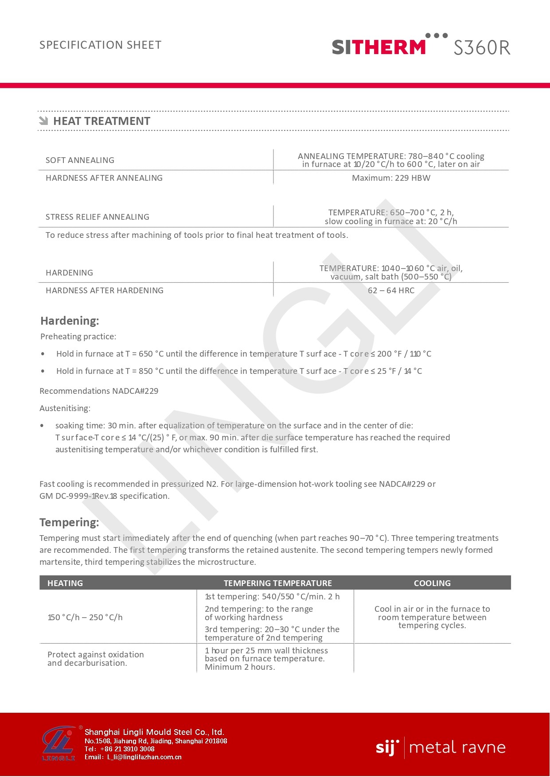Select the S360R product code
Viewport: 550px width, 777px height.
[482, 47]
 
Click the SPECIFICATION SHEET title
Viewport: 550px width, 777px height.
[101, 45]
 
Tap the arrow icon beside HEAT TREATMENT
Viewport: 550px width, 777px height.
[43, 120]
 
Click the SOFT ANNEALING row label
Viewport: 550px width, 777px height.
[80, 160]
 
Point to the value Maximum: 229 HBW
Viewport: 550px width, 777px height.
[391, 178]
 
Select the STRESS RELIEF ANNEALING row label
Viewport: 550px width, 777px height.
[98, 217]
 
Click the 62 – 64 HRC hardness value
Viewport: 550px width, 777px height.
[391, 291]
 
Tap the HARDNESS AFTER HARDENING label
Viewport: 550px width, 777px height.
[105, 291]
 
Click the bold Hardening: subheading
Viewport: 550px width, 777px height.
[70, 321]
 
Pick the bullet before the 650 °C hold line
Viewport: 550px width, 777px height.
[43, 354]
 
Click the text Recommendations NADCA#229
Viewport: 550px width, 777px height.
[99, 391]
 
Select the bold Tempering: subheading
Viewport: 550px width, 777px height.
[69, 522]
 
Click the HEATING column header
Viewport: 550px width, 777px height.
[65, 583]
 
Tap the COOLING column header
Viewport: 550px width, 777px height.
[432, 583]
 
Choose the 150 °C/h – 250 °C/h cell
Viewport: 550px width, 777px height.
[85, 618]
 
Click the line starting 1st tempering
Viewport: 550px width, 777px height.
[272, 597]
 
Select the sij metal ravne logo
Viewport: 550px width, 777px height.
[441, 748]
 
